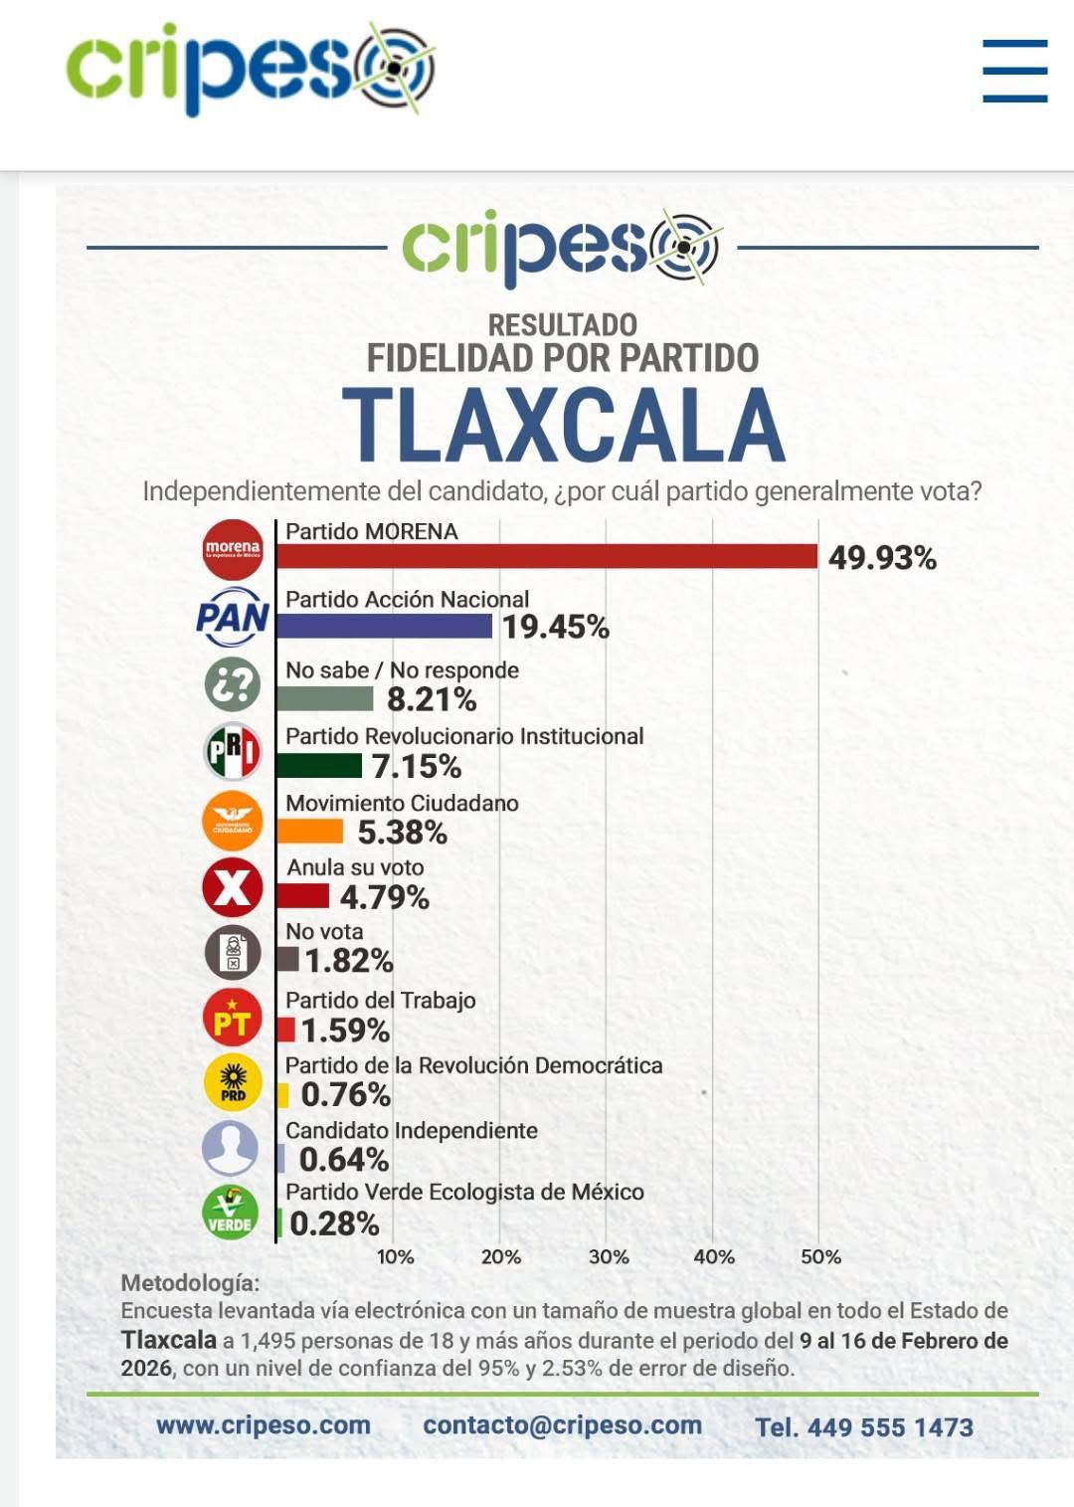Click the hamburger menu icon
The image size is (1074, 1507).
point(1014,71)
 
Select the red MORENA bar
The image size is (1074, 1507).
point(547,556)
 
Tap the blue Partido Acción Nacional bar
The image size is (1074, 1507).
point(384,626)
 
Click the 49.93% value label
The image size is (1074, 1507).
point(882,558)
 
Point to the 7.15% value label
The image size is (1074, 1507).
point(417,767)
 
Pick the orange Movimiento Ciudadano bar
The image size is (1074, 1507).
point(310,831)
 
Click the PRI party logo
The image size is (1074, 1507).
point(233,751)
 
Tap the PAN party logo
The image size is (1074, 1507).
point(233,618)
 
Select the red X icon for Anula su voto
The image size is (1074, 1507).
point(233,886)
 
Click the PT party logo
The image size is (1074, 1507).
point(233,1019)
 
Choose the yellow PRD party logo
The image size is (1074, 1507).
point(233,1083)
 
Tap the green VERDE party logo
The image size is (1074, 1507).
point(231,1214)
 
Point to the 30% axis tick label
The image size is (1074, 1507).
point(609,1257)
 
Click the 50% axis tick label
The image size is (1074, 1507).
point(820,1257)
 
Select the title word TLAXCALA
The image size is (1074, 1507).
point(564,425)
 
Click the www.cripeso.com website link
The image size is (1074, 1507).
point(264,1425)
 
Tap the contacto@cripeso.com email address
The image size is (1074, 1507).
point(563,1425)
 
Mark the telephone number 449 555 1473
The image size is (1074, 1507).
point(890,1427)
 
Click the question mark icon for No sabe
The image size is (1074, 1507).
point(233,684)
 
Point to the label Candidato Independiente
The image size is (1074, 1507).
point(412,1131)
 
